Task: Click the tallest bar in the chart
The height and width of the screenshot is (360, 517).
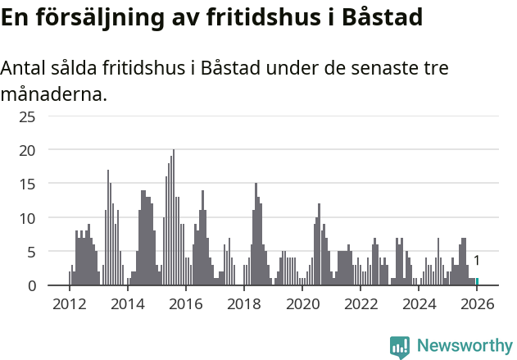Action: point(173,218)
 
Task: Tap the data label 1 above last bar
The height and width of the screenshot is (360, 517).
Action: point(477,261)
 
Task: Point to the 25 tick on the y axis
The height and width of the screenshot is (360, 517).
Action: point(28,116)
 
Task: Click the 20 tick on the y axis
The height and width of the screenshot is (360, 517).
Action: point(28,150)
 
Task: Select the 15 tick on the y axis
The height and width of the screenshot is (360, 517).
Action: point(28,185)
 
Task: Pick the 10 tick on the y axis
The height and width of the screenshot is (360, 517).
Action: point(28,218)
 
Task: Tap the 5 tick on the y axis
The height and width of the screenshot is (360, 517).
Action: point(31,252)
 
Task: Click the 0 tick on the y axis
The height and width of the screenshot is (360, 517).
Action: point(31,285)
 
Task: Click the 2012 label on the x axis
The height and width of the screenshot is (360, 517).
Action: point(69,304)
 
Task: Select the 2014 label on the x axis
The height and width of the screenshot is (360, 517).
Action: point(127,304)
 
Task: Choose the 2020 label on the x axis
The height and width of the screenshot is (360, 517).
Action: point(302,304)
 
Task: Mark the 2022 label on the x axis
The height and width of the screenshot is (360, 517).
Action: point(361,304)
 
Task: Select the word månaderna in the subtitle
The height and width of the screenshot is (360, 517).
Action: point(54,94)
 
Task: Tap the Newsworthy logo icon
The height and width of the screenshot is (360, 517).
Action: point(400,347)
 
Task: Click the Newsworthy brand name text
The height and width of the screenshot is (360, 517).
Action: point(464,347)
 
